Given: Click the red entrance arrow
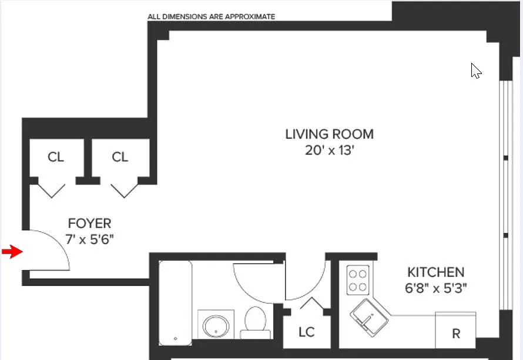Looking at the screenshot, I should [x=11, y=252].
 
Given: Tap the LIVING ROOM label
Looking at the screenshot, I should [x=329, y=134].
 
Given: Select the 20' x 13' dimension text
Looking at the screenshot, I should [x=329, y=151].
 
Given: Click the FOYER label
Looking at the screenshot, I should [x=89, y=224].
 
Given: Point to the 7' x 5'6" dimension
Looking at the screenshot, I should [x=89, y=240].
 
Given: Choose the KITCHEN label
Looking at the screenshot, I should [x=435, y=272].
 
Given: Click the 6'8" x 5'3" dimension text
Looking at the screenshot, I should [x=435, y=288].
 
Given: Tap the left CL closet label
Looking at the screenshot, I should [x=55, y=157].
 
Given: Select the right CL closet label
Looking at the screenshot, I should [x=120, y=157].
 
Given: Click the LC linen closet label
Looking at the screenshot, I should [x=306, y=332].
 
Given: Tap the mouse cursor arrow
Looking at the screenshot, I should [x=476, y=71].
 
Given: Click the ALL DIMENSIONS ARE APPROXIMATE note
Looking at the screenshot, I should [x=211, y=17].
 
